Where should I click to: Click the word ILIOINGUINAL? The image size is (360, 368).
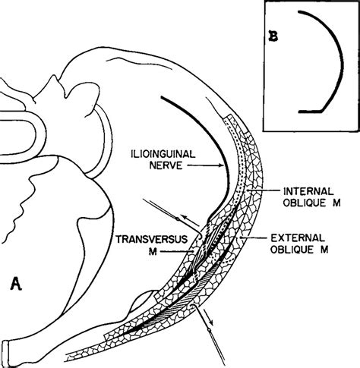coord(163,154)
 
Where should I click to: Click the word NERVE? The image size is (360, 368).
coord(166,165)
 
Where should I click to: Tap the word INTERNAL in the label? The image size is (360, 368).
coord(308,191)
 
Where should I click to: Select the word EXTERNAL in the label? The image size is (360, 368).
coord(298,238)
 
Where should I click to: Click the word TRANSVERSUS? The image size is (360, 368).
coord(152,239)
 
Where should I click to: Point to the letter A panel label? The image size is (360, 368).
coord(16,284)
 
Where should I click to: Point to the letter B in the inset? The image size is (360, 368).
coord(273,36)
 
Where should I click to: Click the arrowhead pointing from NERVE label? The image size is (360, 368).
coord(220,165)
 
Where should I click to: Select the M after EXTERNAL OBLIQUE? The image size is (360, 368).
coord(324,250)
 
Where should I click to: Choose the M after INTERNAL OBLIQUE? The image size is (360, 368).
coord(336,203)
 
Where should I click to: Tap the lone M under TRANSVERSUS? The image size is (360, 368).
coord(153,251)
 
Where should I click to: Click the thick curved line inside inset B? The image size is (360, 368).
coord(342,63)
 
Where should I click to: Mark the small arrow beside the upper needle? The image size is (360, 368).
coord(191,221)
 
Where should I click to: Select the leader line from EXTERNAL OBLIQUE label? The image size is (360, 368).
coord(254,237)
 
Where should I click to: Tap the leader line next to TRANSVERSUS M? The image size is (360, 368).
coord(177,251)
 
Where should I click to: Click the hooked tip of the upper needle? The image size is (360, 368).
coord(200,237)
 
